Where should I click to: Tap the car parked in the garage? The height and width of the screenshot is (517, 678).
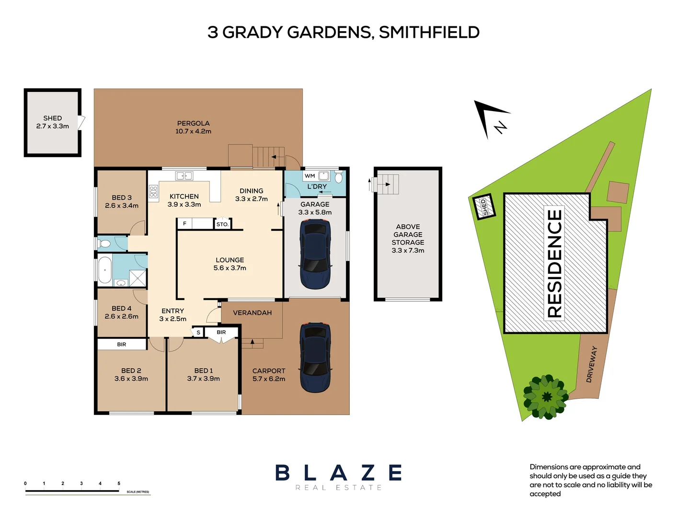pyautogui.click(x=315, y=254)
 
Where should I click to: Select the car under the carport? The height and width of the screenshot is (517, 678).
pyautogui.click(x=315, y=358)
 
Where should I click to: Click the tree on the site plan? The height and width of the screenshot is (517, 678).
pyautogui.click(x=545, y=397)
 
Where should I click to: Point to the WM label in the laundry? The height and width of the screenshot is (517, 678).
pyautogui.click(x=310, y=176)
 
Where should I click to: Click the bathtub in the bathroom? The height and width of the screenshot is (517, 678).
pyautogui.click(x=105, y=270)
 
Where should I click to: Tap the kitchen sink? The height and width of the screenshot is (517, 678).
pyautogui.click(x=184, y=176)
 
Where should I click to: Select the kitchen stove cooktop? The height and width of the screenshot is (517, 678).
pyautogui.click(x=153, y=191)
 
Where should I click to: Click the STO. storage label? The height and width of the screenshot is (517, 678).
pyautogui.click(x=222, y=224)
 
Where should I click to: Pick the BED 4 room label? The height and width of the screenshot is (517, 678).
pyautogui.click(x=121, y=308)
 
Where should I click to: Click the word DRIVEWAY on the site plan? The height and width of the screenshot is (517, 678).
pyautogui.click(x=591, y=364)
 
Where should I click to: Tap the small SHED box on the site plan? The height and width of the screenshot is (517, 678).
pyautogui.click(x=484, y=206)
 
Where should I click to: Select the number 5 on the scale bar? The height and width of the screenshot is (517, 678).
pyautogui.click(x=119, y=483)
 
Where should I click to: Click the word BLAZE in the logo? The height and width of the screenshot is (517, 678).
pyautogui.click(x=339, y=473)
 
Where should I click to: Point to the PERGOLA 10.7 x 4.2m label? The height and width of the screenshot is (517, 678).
pyautogui.click(x=194, y=127)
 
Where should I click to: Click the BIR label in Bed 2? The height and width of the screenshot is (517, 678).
pyautogui.click(x=121, y=344)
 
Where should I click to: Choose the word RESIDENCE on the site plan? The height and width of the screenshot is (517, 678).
pyautogui.click(x=554, y=264)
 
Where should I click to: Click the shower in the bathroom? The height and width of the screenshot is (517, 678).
pyautogui.click(x=138, y=278)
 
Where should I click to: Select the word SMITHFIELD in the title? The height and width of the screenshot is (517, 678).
pyautogui.click(x=429, y=32)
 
